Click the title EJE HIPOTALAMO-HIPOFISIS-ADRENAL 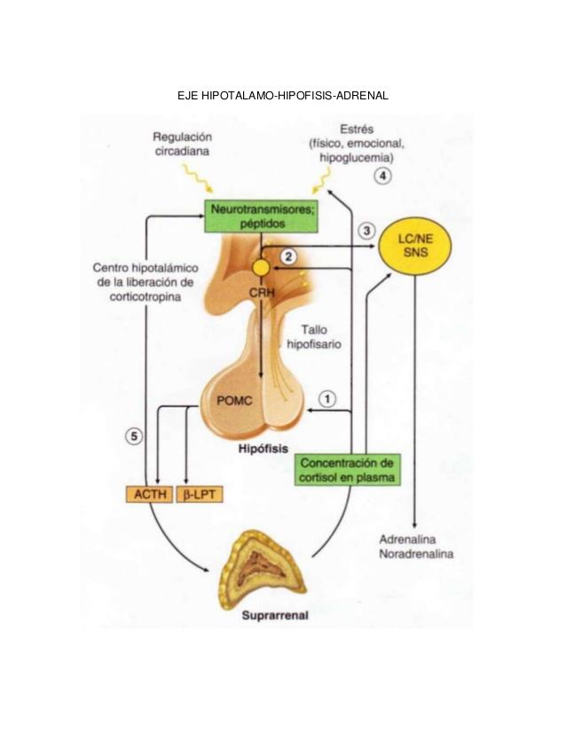(283, 94)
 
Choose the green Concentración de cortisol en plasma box (348, 470)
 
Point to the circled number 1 (328, 398)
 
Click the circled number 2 (288, 257)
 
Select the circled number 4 (382, 176)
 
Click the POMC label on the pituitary (234, 400)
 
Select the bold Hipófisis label (263, 449)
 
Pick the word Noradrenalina (416, 555)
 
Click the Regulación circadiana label (183, 145)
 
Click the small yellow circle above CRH (261, 266)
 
